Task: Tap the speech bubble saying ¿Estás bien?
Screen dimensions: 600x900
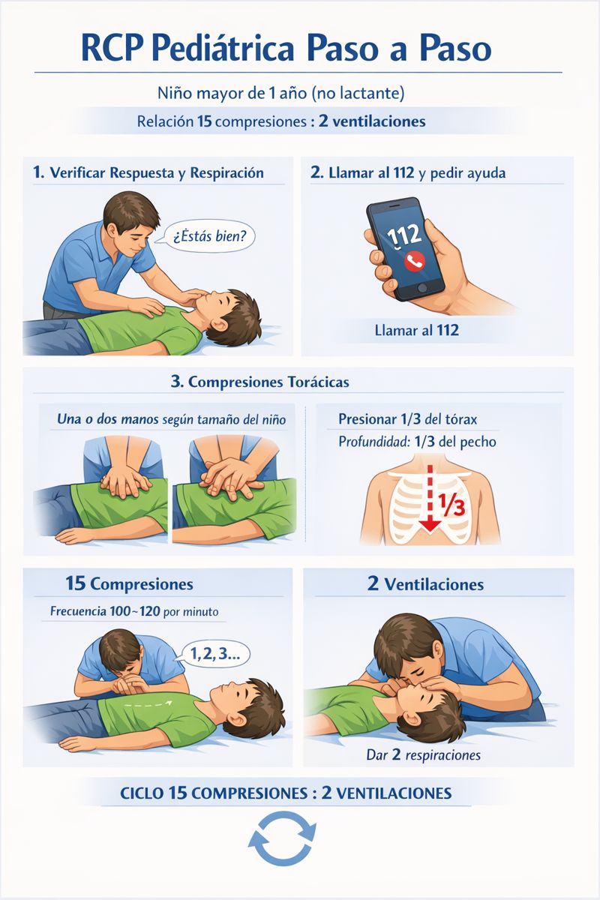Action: click(x=208, y=235)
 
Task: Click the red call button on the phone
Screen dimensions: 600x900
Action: click(x=414, y=261)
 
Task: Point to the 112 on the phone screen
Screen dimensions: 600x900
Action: click(x=404, y=235)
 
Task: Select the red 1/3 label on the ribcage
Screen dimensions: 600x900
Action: click(x=451, y=505)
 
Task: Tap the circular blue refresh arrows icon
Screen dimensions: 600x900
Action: click(x=282, y=843)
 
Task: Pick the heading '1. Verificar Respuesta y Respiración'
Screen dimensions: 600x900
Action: click(x=148, y=172)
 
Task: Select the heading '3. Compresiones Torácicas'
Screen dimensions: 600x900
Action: click(x=260, y=382)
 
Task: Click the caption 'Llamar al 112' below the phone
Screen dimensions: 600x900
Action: click(x=417, y=330)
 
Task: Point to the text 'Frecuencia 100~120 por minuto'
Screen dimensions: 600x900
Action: click(x=134, y=611)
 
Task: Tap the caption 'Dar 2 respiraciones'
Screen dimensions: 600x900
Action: click(x=424, y=755)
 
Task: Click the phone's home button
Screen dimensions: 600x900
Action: click(x=422, y=288)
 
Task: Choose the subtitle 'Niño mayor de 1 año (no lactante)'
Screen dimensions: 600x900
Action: click(x=281, y=93)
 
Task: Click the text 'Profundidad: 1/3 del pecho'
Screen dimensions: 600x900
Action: click(x=417, y=442)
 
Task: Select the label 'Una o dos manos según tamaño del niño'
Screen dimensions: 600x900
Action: click(x=171, y=419)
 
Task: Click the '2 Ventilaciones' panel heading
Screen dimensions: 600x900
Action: click(x=425, y=584)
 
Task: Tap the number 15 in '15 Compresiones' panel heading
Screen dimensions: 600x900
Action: click(x=76, y=583)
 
